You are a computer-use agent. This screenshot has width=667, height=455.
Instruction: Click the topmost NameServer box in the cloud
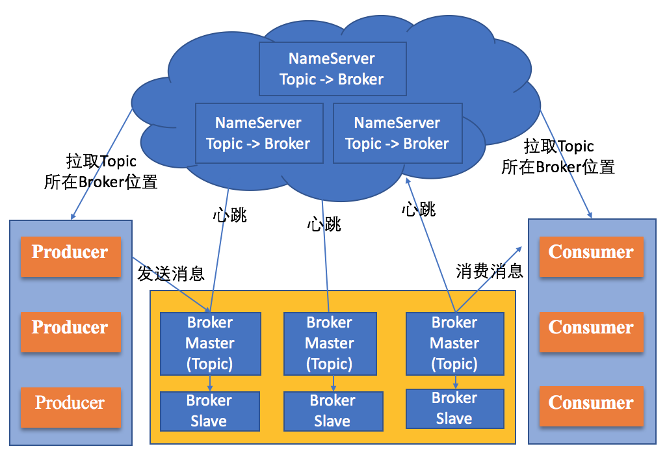332,69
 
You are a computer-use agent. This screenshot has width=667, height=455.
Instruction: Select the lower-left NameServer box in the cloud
259,133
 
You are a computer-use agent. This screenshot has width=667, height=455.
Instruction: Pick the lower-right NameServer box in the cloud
397,133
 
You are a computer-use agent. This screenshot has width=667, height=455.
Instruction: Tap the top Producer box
70,252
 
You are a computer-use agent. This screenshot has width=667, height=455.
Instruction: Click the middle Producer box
70,328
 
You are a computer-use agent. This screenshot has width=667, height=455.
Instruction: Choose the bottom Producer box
70,403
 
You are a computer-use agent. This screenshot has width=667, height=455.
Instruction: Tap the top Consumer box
590,252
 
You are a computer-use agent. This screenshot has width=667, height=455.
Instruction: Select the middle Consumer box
590,328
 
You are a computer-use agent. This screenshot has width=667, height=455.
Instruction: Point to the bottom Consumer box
590,403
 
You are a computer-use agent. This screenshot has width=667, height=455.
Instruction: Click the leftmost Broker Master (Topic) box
210,343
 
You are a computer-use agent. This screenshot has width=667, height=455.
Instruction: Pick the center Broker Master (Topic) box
329,343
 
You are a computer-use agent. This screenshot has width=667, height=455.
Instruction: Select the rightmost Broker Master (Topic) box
454,343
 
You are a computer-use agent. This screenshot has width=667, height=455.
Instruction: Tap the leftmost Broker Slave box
209,411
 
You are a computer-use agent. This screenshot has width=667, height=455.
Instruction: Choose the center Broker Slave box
332,411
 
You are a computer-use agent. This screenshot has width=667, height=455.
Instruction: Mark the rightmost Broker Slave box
454,408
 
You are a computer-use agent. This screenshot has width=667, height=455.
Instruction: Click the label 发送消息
171,274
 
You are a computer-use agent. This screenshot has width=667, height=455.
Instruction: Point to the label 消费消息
490,272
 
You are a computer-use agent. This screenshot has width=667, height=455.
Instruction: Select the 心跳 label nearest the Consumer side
419,209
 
